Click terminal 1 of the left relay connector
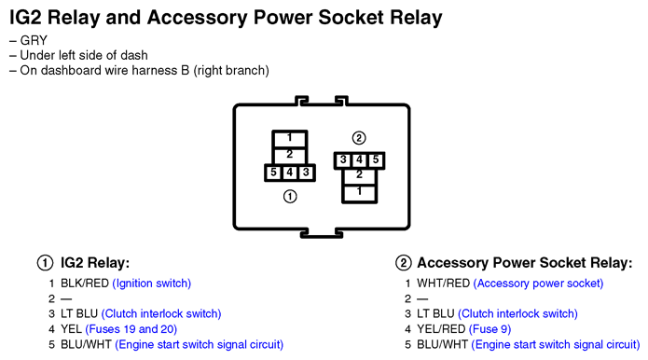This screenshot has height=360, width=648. [x=289, y=139]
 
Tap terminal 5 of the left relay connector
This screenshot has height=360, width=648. [x=273, y=173]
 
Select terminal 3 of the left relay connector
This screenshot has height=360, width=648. [x=306, y=173]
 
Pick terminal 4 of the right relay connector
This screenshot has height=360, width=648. [x=359, y=160]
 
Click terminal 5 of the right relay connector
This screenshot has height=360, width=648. [x=376, y=160]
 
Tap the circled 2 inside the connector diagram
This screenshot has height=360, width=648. [x=359, y=138]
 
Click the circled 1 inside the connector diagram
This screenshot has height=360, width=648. [x=290, y=197]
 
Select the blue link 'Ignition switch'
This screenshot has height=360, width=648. [x=152, y=284]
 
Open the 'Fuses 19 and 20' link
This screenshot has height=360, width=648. [x=131, y=329]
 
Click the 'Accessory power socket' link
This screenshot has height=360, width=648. [x=538, y=284]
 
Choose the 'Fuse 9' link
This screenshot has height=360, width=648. [x=489, y=329]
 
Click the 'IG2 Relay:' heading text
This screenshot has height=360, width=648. [x=95, y=263]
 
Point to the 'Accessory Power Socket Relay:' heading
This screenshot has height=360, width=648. [x=525, y=263]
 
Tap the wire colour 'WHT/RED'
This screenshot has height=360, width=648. [x=444, y=284]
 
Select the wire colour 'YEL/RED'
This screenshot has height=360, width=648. [x=441, y=329]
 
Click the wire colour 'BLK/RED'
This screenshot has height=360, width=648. [x=85, y=284]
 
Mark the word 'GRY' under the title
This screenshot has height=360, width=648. [x=34, y=40]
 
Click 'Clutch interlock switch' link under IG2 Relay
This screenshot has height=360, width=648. [x=161, y=314]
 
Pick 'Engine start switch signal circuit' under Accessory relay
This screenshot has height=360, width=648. [x=556, y=345]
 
